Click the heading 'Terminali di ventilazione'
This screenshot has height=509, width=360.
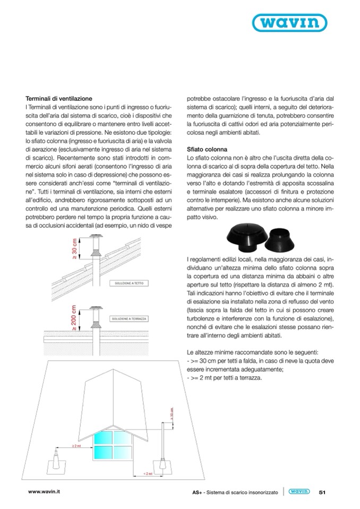pyautogui.click(x=59, y=99)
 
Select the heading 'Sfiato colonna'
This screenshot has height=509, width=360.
pyautogui.click(x=207, y=150)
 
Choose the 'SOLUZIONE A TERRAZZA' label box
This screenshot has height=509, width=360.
pyautogui.click(x=130, y=318)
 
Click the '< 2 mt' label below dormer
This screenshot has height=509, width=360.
pyautogui.click(x=148, y=472)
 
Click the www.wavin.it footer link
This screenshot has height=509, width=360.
pyautogui.click(x=44, y=492)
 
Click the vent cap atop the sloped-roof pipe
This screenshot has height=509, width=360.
pyautogui.click(x=97, y=236)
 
